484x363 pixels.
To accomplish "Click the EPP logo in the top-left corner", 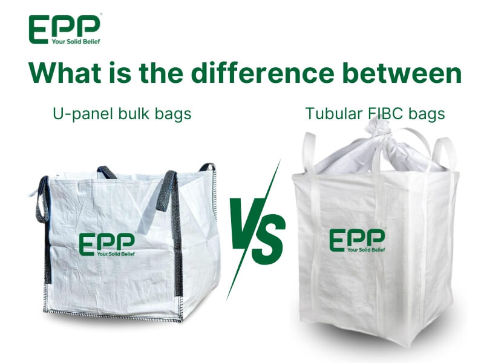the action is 65,29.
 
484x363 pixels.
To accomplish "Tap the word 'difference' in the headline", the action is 263,73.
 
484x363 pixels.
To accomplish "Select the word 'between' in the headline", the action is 402,73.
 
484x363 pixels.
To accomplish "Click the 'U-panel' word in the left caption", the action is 83,114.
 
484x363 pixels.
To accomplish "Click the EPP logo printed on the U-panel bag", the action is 107,244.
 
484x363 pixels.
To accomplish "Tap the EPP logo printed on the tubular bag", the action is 358,240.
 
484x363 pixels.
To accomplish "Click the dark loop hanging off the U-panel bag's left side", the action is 42,201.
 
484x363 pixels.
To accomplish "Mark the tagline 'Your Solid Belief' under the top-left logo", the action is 76,41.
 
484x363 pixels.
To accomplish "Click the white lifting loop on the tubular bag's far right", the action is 442,154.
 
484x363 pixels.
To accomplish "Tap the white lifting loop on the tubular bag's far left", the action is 309,151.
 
